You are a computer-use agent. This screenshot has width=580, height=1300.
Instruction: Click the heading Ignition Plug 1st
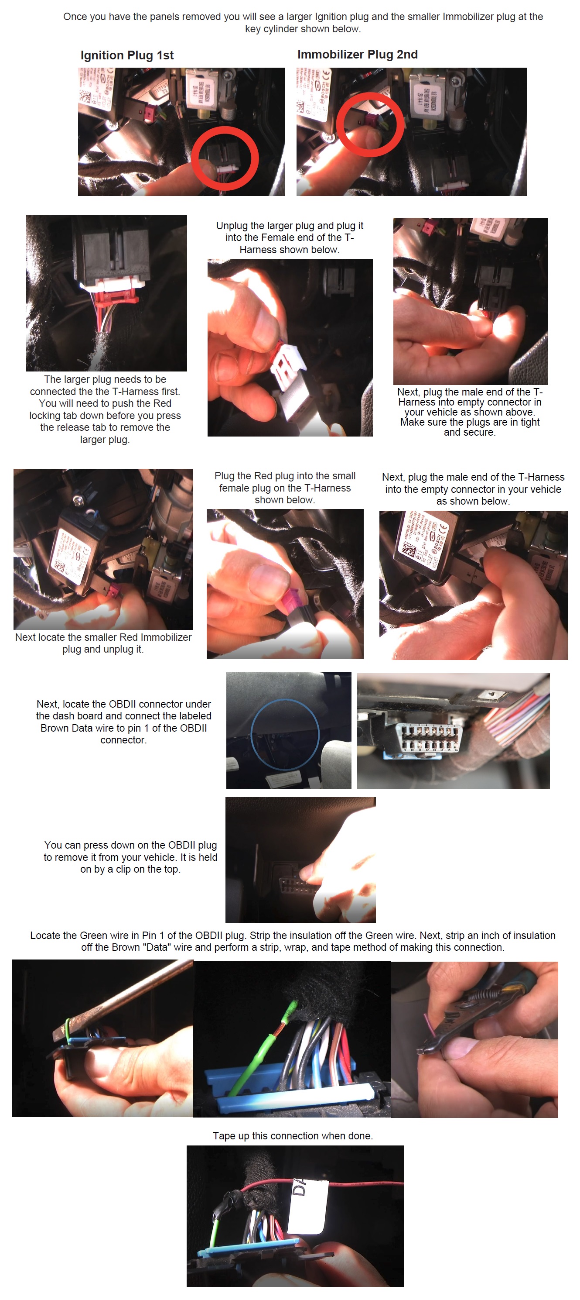tap(126, 55)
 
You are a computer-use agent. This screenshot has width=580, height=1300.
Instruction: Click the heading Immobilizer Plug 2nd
tap(357, 54)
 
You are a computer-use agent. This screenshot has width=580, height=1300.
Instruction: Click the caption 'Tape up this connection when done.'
tap(293, 1135)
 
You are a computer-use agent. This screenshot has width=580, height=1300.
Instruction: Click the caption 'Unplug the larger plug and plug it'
tap(290, 226)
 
